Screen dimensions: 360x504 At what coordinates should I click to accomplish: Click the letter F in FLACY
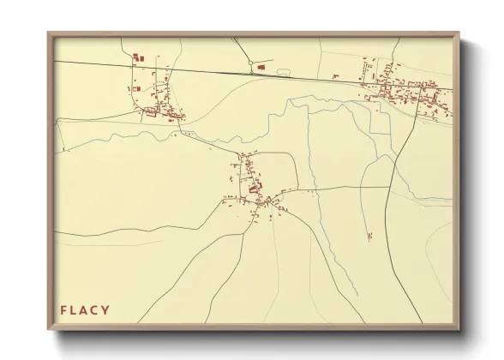63,309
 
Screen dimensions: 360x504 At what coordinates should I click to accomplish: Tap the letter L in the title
75,309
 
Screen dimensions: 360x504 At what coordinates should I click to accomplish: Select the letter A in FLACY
87,309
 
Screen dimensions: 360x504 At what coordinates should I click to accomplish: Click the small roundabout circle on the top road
250,63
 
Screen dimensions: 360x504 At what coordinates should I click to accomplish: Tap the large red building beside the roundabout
262,65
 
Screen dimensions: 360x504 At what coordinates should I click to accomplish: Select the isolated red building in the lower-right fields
369,234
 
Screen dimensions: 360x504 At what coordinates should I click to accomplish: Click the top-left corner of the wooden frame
48,33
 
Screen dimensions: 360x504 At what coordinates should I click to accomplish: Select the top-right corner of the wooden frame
459,33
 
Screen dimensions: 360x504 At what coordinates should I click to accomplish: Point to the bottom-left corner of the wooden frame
48,331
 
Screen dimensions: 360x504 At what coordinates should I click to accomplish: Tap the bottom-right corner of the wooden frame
459,331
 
